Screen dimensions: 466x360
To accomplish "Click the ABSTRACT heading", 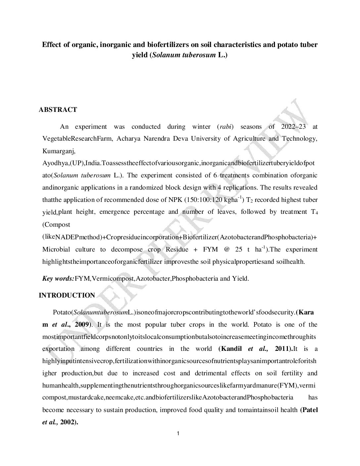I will [x=58, y=110].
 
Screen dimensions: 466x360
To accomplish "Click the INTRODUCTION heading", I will [x=67, y=296].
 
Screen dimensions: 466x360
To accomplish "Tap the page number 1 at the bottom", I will [x=178, y=434].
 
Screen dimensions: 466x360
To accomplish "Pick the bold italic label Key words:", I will [x=58, y=279].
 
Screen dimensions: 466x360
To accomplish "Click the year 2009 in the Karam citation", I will [x=81, y=325].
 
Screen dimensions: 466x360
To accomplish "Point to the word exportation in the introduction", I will [x=58, y=349].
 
